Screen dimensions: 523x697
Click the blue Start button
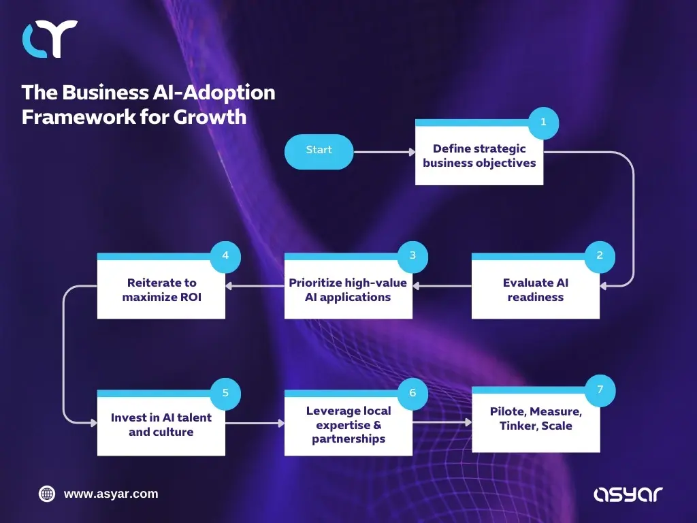[319, 151]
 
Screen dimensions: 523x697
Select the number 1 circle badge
[543, 123]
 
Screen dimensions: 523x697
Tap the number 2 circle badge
[600, 256]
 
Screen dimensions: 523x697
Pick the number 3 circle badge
[412, 256]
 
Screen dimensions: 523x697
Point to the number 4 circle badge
[225, 256]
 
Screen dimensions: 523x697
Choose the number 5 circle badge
[225, 393]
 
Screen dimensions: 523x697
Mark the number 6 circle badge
[412, 393]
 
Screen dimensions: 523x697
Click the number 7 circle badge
[600, 390]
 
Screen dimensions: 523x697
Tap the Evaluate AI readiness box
[535, 290]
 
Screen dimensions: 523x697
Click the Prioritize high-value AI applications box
[348, 290]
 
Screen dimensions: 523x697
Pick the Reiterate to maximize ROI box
[161, 290]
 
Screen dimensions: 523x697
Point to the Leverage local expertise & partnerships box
[348, 425]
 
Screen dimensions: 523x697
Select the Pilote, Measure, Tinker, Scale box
[535, 421]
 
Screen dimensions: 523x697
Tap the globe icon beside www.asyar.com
[47, 494]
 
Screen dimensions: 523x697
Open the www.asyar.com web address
[110, 494]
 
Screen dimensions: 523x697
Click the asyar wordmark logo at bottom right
[628, 494]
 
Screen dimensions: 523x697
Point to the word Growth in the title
[210, 116]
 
